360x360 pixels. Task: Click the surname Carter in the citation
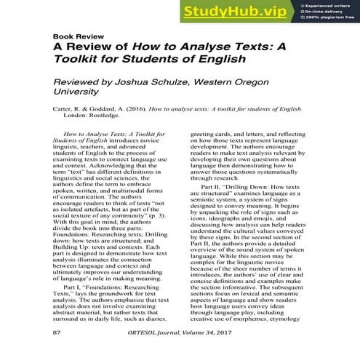64,109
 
